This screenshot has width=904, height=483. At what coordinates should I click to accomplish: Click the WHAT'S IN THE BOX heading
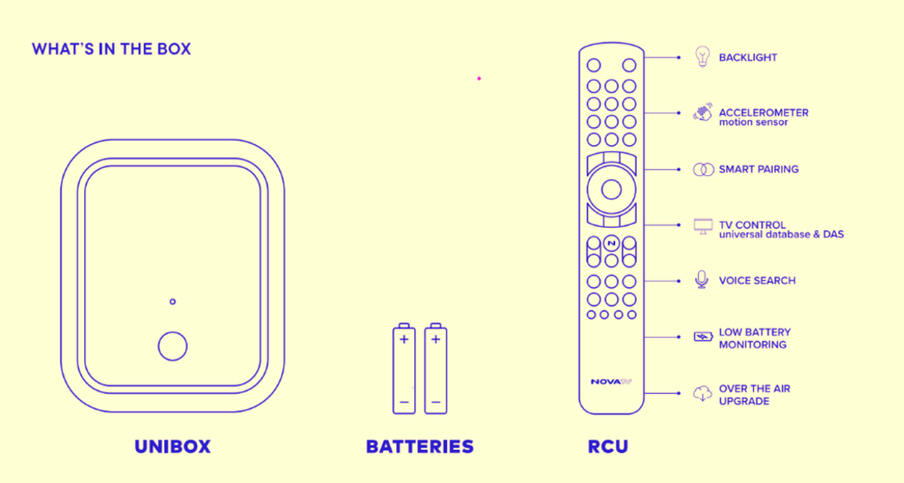coord(111,49)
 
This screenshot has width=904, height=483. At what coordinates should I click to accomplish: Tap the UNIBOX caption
coord(173,446)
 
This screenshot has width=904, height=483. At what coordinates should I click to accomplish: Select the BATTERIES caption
coord(420,446)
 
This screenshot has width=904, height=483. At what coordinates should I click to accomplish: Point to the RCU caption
coord(608,446)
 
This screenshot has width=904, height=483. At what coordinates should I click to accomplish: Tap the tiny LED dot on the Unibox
coord(173,301)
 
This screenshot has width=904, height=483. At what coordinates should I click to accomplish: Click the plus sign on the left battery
coord(404,339)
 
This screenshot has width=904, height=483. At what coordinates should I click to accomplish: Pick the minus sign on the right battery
coord(436,402)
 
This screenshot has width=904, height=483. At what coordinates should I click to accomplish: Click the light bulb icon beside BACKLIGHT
coord(702,56)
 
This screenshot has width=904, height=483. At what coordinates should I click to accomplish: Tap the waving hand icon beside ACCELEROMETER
coord(702,112)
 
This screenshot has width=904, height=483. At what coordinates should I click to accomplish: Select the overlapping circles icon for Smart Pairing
coord(704,169)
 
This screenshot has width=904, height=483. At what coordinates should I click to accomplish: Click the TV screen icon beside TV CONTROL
coord(703,226)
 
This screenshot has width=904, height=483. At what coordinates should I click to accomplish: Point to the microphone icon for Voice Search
coord(702,280)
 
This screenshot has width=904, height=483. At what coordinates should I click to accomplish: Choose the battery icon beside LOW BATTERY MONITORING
coord(703,337)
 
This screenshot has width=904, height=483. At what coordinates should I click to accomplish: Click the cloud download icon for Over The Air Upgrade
coord(702,393)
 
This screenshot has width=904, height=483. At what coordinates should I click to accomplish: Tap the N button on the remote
coord(611,243)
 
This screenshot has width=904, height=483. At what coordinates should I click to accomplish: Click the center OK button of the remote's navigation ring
coord(611,190)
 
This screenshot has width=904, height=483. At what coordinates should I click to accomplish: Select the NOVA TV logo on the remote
coord(611,382)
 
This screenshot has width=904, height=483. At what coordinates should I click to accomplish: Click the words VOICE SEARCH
coord(757,280)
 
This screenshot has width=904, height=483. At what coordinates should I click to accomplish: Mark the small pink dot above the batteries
coord(479,79)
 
